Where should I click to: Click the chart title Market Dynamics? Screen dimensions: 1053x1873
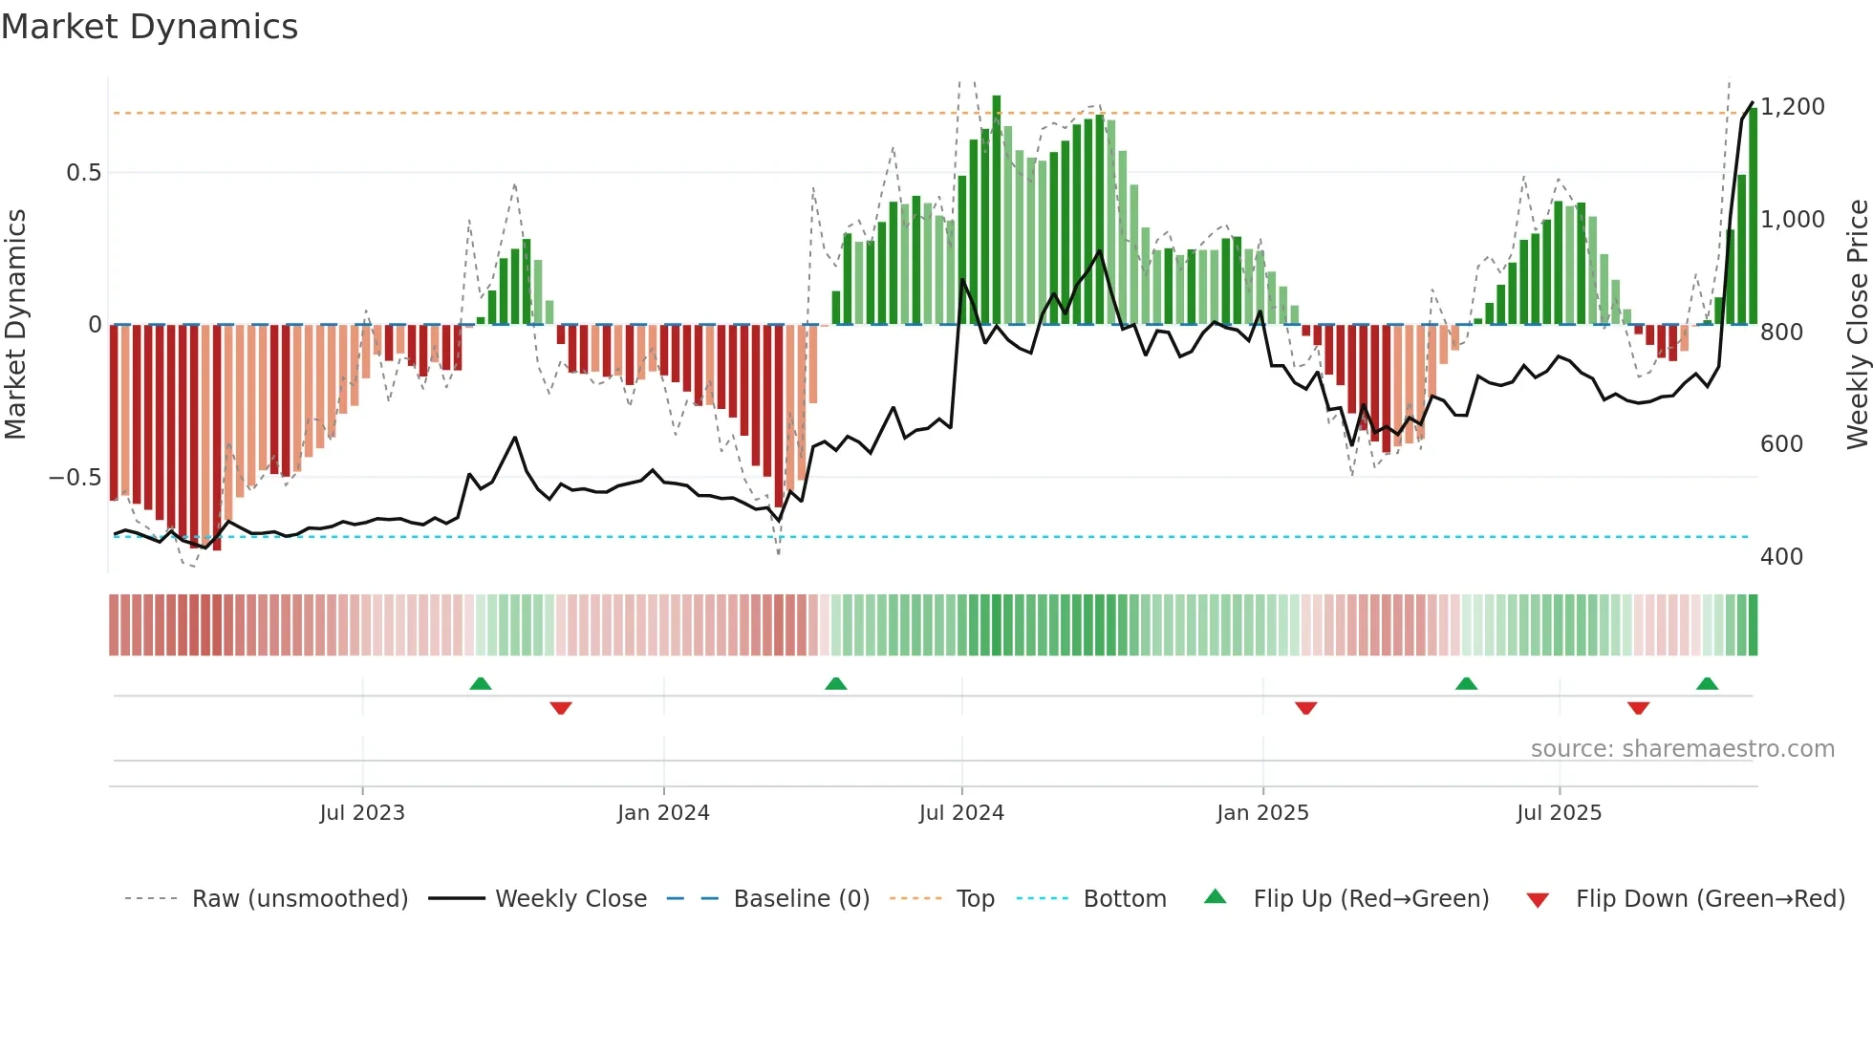pos(149,27)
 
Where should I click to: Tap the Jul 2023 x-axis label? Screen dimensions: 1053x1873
pos(362,813)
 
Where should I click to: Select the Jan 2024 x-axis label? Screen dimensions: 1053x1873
pos(663,813)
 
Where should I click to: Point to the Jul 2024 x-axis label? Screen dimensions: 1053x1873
pos(961,813)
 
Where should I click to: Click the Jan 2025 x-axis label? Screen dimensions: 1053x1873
pos(1262,813)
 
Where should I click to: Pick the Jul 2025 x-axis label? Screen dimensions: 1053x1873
pos(1559,813)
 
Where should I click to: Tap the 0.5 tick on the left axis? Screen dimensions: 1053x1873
pos(83,173)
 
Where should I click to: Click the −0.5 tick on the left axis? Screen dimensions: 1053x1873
pos(75,478)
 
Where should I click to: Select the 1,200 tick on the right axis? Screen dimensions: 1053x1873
pos(1793,107)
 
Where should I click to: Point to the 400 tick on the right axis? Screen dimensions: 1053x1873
pos(1781,557)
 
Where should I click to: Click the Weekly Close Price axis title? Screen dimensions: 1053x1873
pos(1857,325)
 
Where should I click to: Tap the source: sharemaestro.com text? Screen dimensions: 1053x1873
pos(1682,749)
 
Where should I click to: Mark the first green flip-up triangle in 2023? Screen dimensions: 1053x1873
pos(481,684)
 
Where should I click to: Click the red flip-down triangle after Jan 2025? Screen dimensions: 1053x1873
pos(1306,708)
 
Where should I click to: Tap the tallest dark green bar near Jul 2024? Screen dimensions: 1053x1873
pos(997,210)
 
